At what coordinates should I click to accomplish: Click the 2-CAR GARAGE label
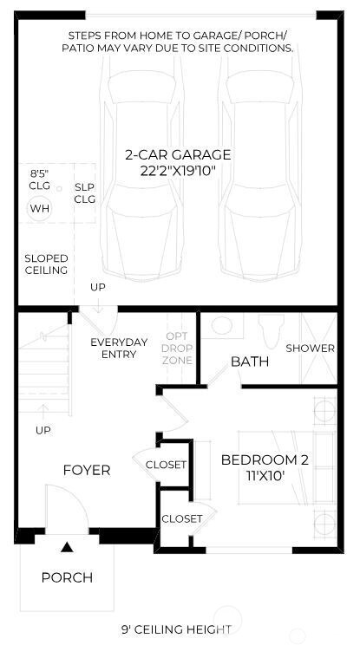coord(178,155)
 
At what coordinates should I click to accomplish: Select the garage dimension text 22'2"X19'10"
coord(178,171)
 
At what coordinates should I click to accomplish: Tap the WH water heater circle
coord(40,208)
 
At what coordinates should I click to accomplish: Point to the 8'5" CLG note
coord(40,179)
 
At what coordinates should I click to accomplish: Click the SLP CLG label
coord(84,192)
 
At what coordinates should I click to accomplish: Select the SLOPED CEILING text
coord(46,264)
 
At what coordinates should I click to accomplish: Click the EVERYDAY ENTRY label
coord(119,348)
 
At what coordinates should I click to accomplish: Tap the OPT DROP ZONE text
coord(178,348)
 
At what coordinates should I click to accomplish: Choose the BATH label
coord(249,361)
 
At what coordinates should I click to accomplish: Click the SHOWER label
coord(310,349)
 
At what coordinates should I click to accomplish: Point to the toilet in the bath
coord(267,329)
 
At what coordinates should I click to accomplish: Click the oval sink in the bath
coord(222,327)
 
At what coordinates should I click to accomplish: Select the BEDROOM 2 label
coord(265,459)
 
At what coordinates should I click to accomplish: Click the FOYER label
coord(87,470)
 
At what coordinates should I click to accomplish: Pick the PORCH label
coord(67,577)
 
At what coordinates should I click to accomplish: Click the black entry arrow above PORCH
coord(67,547)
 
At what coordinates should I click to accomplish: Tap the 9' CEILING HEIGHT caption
coord(176,629)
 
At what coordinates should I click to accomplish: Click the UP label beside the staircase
coord(43,430)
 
